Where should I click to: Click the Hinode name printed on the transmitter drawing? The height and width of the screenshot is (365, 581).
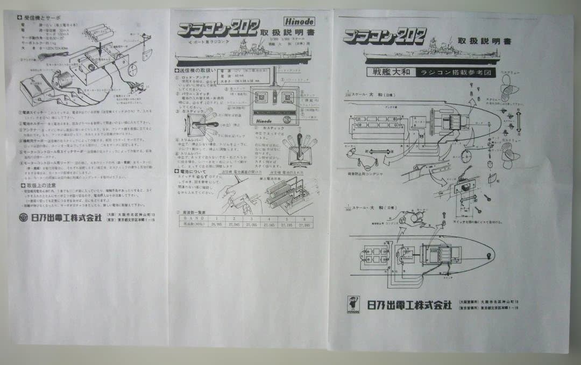266,121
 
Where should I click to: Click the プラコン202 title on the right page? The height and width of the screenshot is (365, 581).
384,36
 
